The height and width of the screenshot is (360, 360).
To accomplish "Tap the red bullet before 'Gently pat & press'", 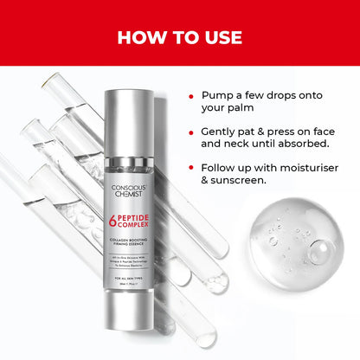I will (x=190, y=132).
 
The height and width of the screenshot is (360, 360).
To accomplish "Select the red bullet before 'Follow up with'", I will (x=190, y=167).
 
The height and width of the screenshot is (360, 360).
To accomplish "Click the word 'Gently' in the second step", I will (x=222, y=132).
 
